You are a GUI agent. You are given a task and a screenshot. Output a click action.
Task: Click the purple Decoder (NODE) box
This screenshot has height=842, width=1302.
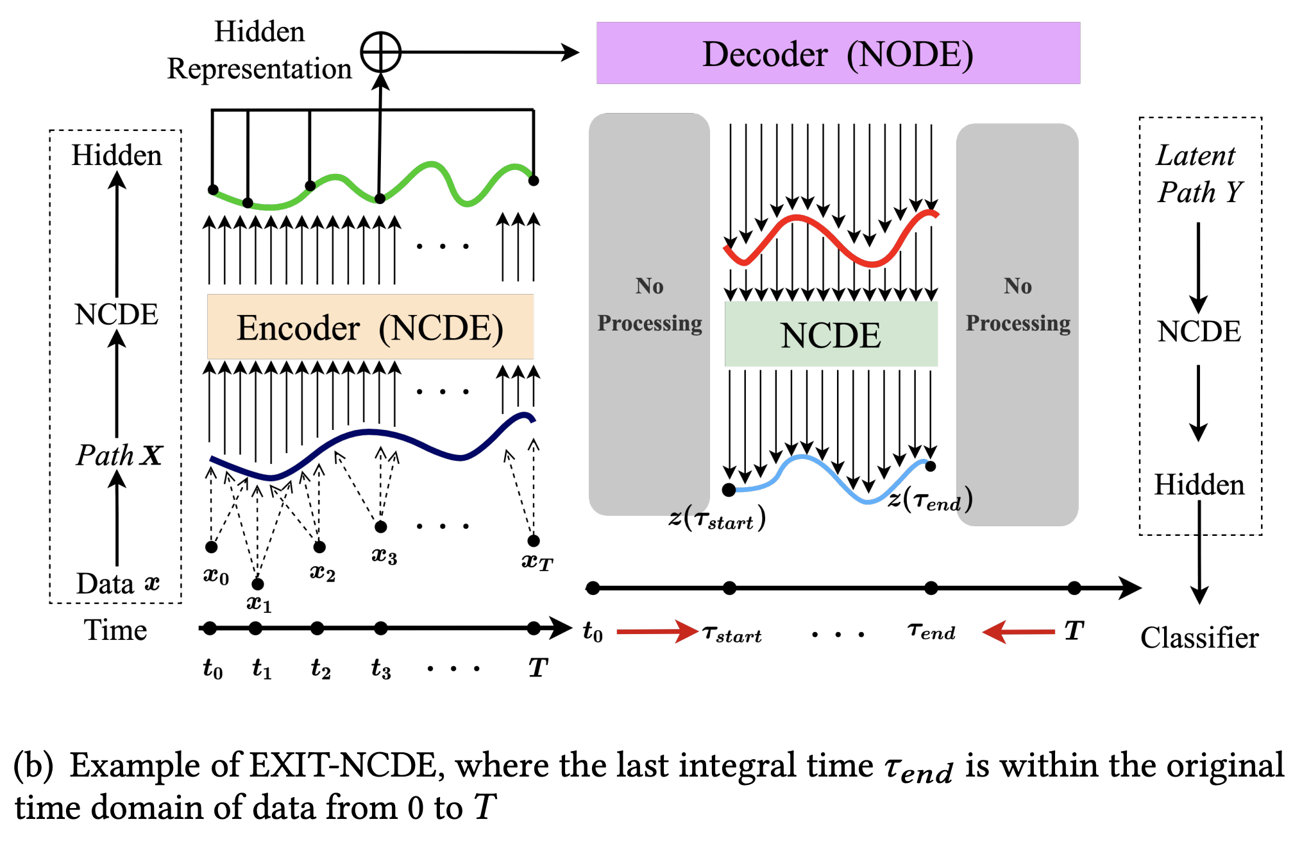click(x=838, y=53)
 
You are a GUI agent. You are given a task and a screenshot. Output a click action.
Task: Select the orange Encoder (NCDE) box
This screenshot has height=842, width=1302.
click(x=370, y=327)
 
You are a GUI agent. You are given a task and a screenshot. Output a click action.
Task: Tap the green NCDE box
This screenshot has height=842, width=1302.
click(x=831, y=334)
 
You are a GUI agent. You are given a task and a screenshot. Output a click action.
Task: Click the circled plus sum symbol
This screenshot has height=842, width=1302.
click(x=380, y=52)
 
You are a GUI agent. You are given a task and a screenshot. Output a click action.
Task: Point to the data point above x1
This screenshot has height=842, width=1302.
click(x=257, y=583)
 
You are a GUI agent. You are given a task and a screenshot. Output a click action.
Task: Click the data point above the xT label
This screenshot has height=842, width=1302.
click(x=534, y=540)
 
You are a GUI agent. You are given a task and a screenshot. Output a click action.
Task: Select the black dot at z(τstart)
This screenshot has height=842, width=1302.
click(x=729, y=490)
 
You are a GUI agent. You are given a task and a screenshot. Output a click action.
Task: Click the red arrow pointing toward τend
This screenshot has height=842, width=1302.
click(x=1019, y=631)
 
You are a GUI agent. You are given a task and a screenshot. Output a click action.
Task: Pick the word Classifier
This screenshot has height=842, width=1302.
click(x=1199, y=638)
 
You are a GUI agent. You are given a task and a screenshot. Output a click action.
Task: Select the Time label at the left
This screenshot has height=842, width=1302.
click(x=115, y=630)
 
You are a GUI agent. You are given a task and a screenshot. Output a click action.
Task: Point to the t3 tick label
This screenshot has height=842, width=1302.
click(x=381, y=669)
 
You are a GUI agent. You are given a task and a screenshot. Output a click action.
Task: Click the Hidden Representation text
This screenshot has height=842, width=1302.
click(x=259, y=50)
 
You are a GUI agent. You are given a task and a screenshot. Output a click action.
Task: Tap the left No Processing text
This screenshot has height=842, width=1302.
click(x=649, y=304)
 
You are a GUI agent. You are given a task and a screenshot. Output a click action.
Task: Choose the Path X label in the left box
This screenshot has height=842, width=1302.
click(x=119, y=455)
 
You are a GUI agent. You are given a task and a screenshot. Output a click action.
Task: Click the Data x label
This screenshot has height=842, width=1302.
click(x=117, y=583)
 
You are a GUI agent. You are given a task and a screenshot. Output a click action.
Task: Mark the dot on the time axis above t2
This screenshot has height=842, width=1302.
click(x=317, y=628)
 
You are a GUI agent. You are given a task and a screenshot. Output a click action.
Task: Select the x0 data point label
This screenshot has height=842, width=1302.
click(x=216, y=576)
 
